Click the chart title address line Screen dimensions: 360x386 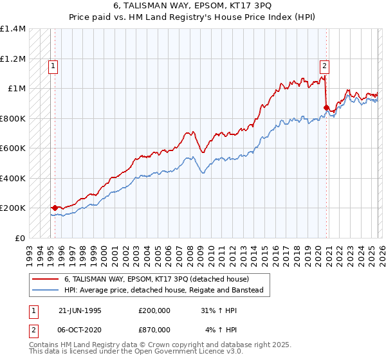(x=192, y=5)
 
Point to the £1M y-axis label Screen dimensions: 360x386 (x=17, y=89)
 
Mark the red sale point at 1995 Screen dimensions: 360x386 (x=55, y=208)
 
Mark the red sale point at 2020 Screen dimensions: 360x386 (x=327, y=108)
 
